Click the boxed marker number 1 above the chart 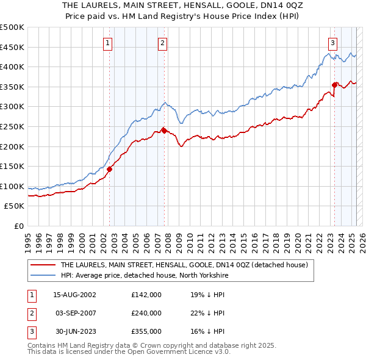coord(107,43)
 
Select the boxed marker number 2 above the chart coord(163,43)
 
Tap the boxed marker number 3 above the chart coord(333,43)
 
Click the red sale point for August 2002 coord(110,169)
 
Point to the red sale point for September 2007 coord(164,130)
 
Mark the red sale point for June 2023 coord(334,85)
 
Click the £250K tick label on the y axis coord(12,126)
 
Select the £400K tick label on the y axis coord(12,67)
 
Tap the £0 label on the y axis coord(19,226)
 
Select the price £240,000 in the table coord(146,313)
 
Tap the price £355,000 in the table coord(146,331)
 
